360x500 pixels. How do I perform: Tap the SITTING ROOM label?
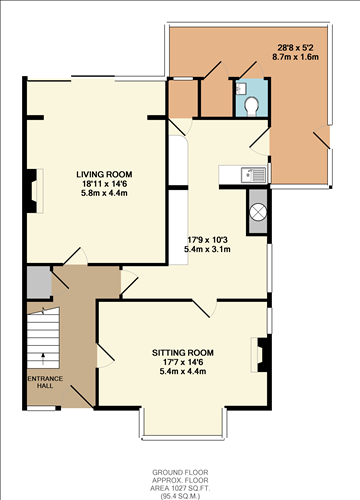183,352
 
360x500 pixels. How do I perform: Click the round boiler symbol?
257,212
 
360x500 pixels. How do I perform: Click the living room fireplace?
36,189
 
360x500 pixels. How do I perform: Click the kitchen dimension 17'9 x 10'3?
209,239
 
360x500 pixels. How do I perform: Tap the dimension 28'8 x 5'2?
297,48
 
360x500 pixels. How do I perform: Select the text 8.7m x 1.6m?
297,58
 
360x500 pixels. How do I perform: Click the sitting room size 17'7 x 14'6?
183,362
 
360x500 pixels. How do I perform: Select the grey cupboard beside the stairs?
38,282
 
